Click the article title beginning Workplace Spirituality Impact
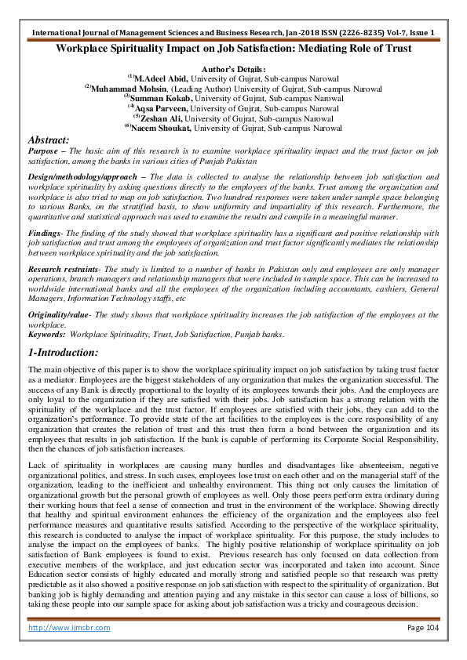click(x=233, y=49)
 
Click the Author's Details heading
click(x=233, y=70)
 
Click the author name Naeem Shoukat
click(x=162, y=128)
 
